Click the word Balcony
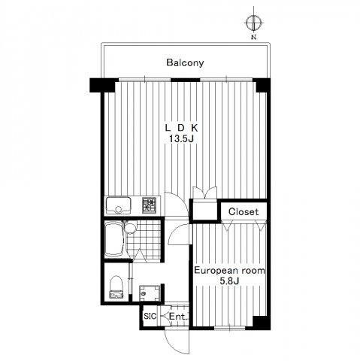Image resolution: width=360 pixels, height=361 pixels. click(185, 62)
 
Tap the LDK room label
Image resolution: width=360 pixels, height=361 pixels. click(181, 128)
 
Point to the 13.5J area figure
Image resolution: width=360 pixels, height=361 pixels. click(181, 138)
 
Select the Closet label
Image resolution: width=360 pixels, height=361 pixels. click(244, 212)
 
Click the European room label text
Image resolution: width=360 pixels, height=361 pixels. click(229, 271)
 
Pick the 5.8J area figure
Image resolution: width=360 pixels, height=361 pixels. click(229, 281)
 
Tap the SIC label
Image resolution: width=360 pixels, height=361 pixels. click(150, 316)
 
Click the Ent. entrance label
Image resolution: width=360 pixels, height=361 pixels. click(178, 317)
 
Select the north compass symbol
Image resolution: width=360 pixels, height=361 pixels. click(254, 23)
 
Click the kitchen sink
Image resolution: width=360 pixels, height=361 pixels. click(119, 205)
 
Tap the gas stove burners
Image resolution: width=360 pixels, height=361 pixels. click(150, 205)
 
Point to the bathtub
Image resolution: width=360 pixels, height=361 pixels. click(114, 239)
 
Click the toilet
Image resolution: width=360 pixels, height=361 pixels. click(116, 287)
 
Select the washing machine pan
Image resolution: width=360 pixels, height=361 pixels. click(150, 293)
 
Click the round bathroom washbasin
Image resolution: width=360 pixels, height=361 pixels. click(130, 228)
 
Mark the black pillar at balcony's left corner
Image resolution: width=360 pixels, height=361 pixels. click(102, 86)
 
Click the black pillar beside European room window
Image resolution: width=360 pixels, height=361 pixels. click(261, 323)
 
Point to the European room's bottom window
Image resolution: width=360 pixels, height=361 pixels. click(229, 328)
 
